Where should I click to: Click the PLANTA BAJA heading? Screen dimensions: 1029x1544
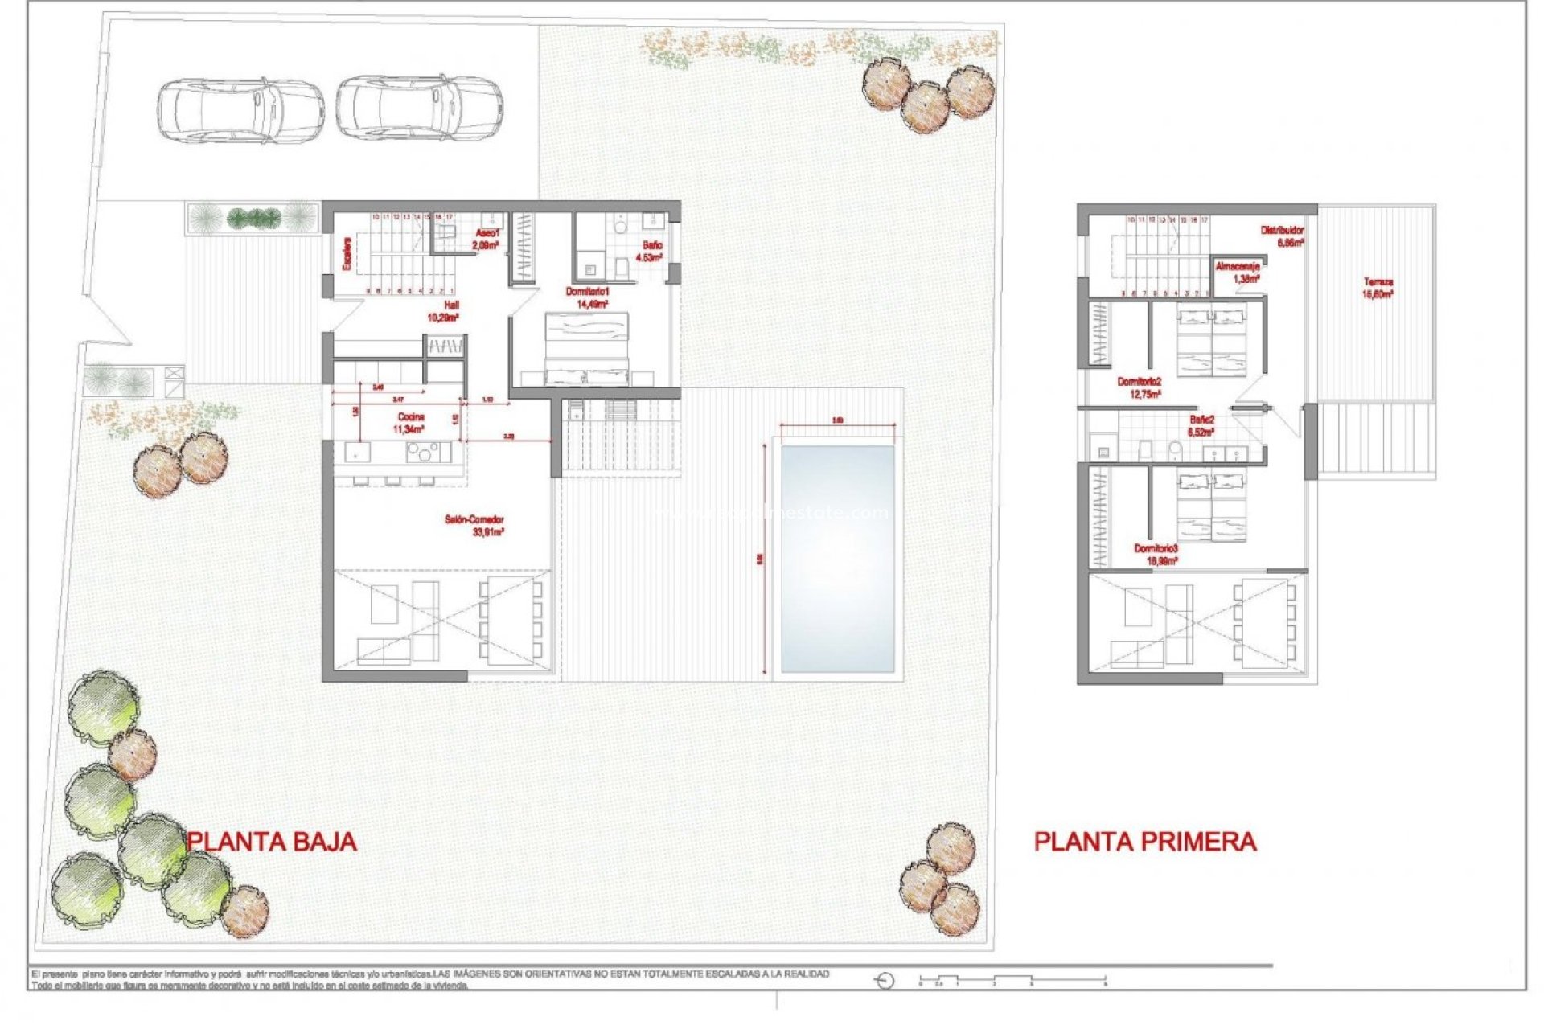click(272, 842)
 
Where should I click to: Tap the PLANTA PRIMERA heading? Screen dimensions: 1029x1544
click(1144, 842)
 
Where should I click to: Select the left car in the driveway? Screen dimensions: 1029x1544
click(240, 110)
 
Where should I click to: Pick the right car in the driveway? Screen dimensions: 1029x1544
click(419, 108)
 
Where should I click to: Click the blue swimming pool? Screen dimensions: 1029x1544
click(837, 559)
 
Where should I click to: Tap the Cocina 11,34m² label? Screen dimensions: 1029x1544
click(410, 423)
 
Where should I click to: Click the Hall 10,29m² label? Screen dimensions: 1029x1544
click(443, 311)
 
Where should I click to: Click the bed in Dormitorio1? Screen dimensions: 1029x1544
click(587, 348)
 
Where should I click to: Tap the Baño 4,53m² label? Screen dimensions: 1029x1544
click(650, 251)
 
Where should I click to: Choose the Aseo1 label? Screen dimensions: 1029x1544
click(486, 239)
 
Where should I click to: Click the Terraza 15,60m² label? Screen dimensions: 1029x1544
click(1378, 288)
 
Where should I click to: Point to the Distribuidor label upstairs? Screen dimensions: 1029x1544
click(1282, 236)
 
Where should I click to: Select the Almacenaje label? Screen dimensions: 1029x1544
click(1237, 272)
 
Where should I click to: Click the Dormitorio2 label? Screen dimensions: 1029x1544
click(1139, 387)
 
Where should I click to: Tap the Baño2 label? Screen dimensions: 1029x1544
click(1201, 425)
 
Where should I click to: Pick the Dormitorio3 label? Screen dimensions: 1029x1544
click(1156, 555)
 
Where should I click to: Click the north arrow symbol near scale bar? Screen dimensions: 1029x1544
click(885, 981)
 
